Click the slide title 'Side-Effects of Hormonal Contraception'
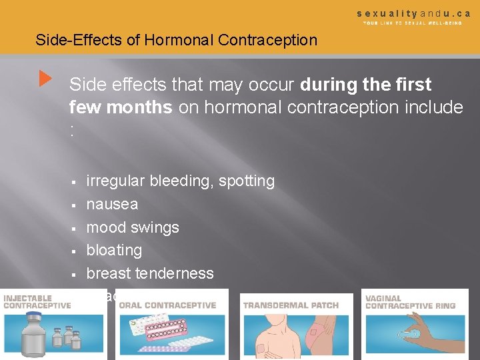click(x=176, y=40)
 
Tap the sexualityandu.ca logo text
click(x=413, y=13)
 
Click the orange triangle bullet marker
click(x=45, y=79)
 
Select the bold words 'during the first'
click(x=366, y=85)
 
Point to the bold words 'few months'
click(x=121, y=107)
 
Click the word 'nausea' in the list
click(x=112, y=204)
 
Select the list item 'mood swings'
click(x=133, y=227)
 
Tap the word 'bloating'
click(x=114, y=250)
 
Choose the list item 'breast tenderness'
click(x=150, y=273)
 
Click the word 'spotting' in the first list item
click(x=247, y=181)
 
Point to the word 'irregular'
click(x=115, y=181)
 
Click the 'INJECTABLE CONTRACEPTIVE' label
click(x=37, y=301)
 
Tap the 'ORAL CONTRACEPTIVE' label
click(x=167, y=305)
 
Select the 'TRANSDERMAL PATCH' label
click(x=291, y=305)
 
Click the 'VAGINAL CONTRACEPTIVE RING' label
click(x=410, y=302)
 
